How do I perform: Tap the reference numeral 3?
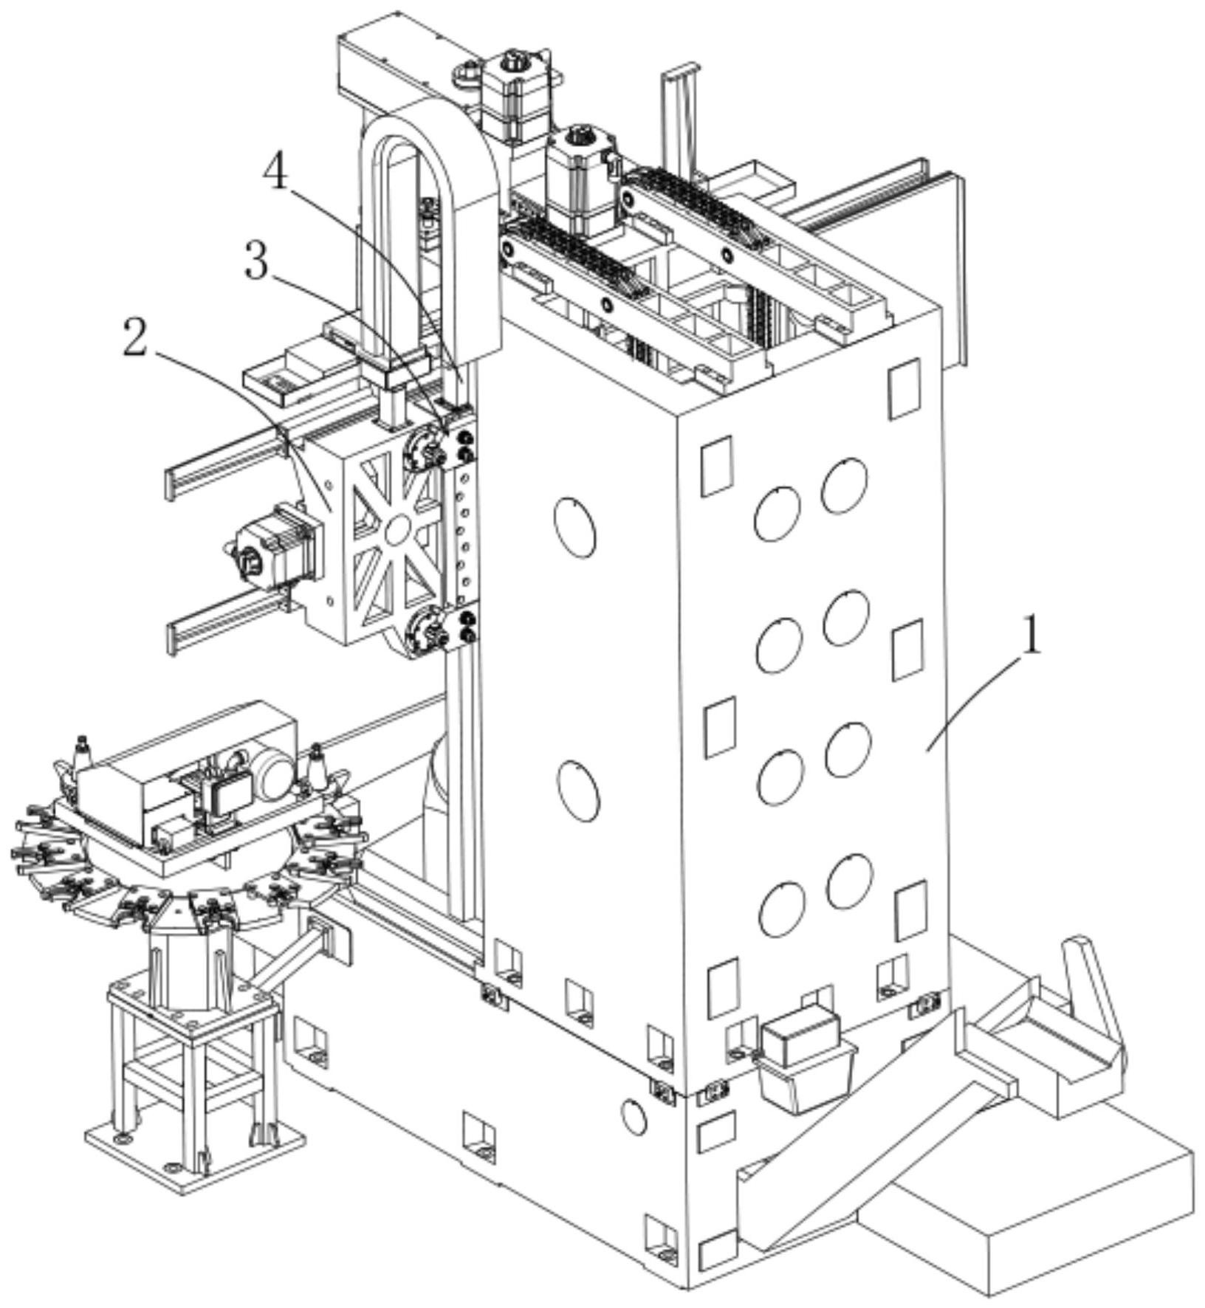[x=255, y=262]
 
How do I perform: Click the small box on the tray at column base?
[x=800, y=1035]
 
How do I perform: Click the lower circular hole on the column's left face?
[x=578, y=791]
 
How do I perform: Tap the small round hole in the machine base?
[x=634, y=1116]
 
